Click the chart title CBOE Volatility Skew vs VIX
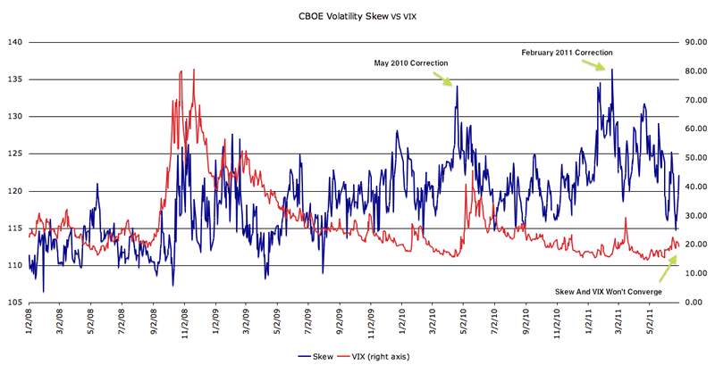(x=357, y=15)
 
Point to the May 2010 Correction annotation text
(x=411, y=62)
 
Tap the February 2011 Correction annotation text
(x=567, y=53)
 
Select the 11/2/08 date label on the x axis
(x=185, y=321)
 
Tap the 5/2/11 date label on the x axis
(x=649, y=321)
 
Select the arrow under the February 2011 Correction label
(x=605, y=64)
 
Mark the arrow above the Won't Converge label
(x=669, y=265)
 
